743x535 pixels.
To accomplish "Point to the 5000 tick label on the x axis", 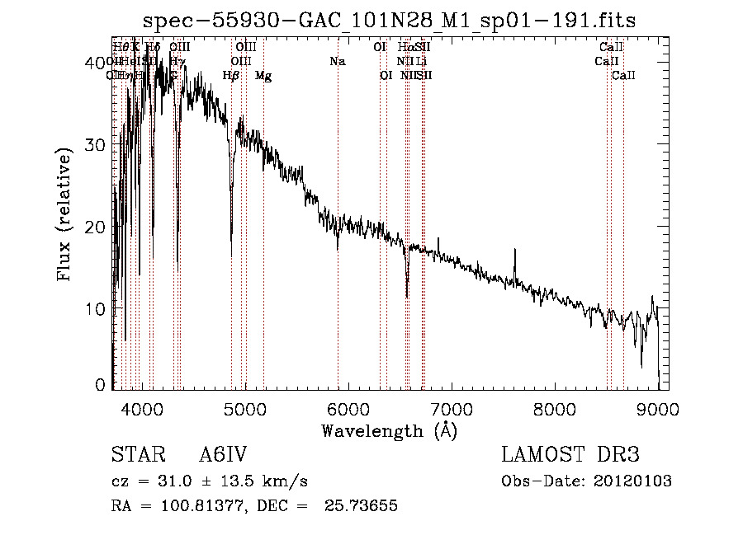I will coord(244,409).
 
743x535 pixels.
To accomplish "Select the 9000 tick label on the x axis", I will coord(658,409).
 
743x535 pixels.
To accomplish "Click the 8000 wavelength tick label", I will coord(555,409).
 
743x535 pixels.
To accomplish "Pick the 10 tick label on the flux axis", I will coord(97,309).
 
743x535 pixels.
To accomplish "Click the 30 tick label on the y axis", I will coord(97,145).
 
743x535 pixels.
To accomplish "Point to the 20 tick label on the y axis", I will coord(97,228).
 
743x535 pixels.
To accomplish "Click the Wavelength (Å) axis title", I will coord(389,430).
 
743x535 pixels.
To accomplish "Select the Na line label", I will coord(337,62).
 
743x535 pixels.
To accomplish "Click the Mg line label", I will coord(263,76).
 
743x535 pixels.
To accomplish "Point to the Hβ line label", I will coord(231,76).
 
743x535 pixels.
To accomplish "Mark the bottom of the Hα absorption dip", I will coord(407,295).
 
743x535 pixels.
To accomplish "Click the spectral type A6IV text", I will coord(223,455).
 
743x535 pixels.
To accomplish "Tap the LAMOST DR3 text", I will coord(570,455).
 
